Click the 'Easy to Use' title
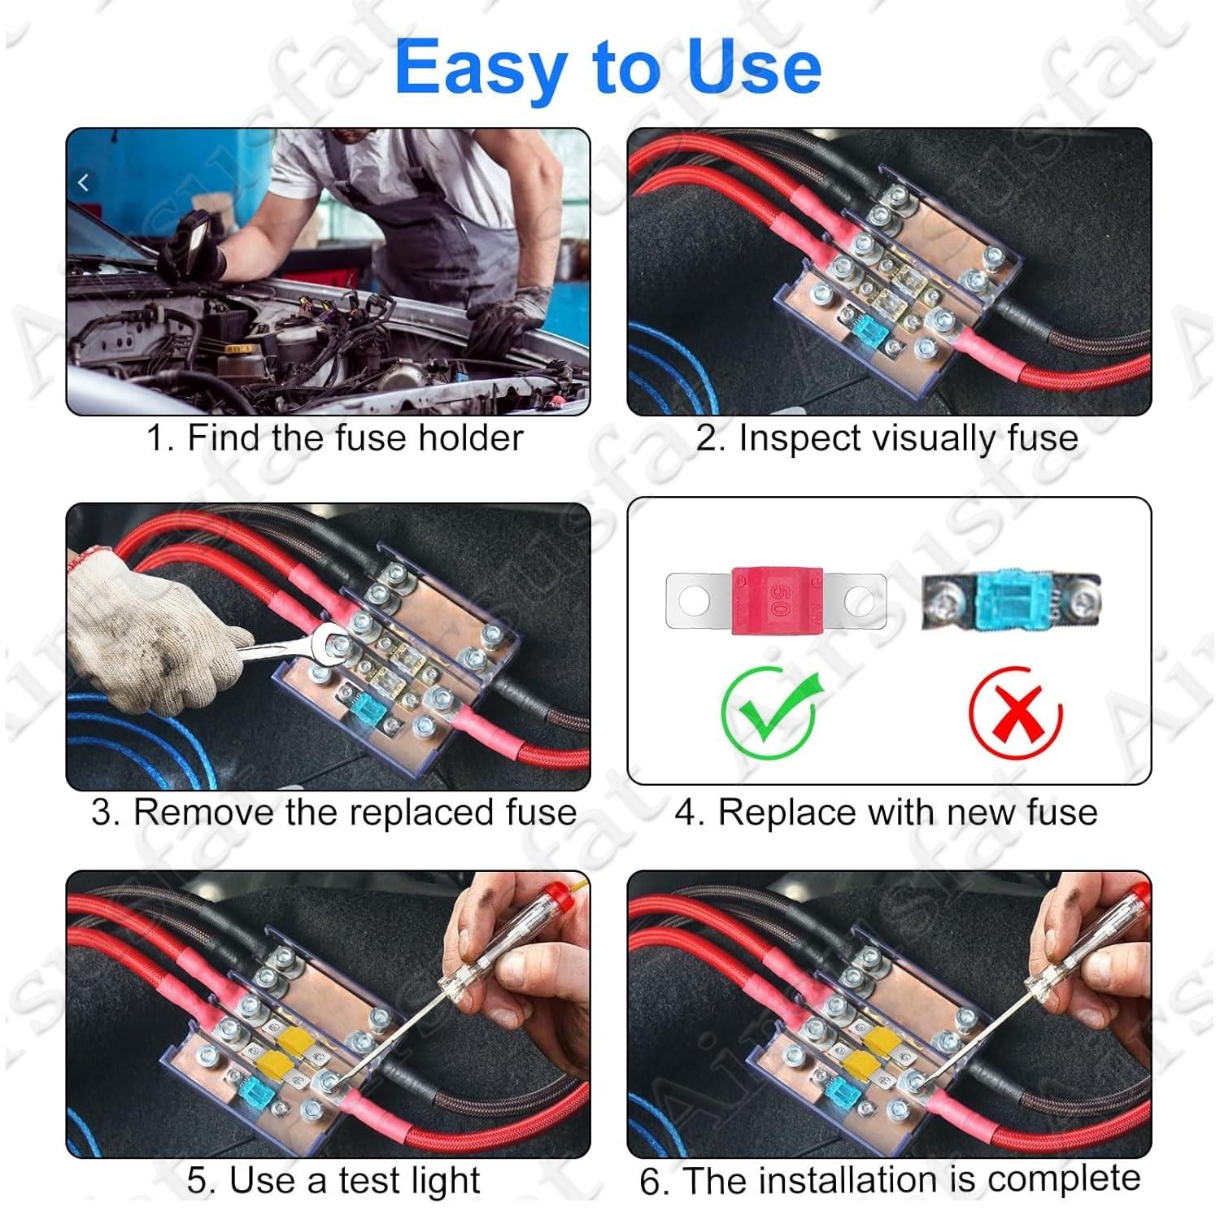(608, 67)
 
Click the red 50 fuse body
(777, 600)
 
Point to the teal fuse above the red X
(1012, 600)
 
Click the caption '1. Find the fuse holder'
(334, 438)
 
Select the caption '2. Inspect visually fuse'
(887, 438)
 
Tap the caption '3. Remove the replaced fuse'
(333, 813)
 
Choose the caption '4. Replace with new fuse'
(886, 813)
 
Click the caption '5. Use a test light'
(333, 1180)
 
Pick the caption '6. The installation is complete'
(890, 1180)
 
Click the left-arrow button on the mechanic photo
(84, 184)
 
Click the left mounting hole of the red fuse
(694, 601)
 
